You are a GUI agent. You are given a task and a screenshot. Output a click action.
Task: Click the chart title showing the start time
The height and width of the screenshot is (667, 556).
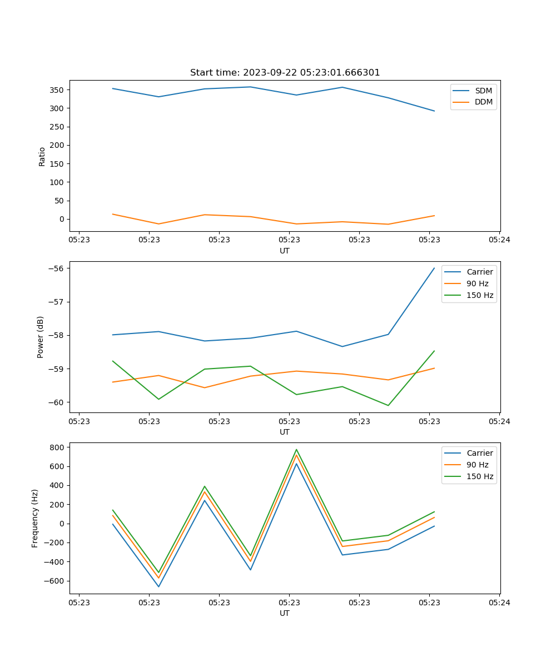coord(285,73)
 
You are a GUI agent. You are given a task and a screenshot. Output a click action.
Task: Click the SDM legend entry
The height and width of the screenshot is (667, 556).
coord(483,91)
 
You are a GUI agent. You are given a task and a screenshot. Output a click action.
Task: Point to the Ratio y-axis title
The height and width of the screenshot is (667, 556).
coord(42,156)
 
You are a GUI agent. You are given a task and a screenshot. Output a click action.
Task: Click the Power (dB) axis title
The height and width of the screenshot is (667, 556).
coord(41,337)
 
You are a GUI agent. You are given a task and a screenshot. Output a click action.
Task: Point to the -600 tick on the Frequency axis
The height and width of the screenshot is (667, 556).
coord(56,581)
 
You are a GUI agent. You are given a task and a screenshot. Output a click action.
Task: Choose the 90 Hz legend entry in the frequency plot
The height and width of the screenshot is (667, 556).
coord(478,465)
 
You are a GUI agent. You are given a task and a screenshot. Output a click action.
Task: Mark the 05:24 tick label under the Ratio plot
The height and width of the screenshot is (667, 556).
coord(499,240)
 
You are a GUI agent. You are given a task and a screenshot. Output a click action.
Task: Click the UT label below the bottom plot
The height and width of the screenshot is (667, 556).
coord(285,613)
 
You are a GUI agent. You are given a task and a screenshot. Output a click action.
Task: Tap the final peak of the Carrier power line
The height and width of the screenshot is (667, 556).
coord(434,268)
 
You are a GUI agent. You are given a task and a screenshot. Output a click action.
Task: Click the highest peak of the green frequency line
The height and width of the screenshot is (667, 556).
coord(296,450)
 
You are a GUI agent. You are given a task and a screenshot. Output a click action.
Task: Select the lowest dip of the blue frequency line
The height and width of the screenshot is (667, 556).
coord(158,586)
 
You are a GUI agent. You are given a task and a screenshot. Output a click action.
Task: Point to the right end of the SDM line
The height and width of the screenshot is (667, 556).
coord(434,111)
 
